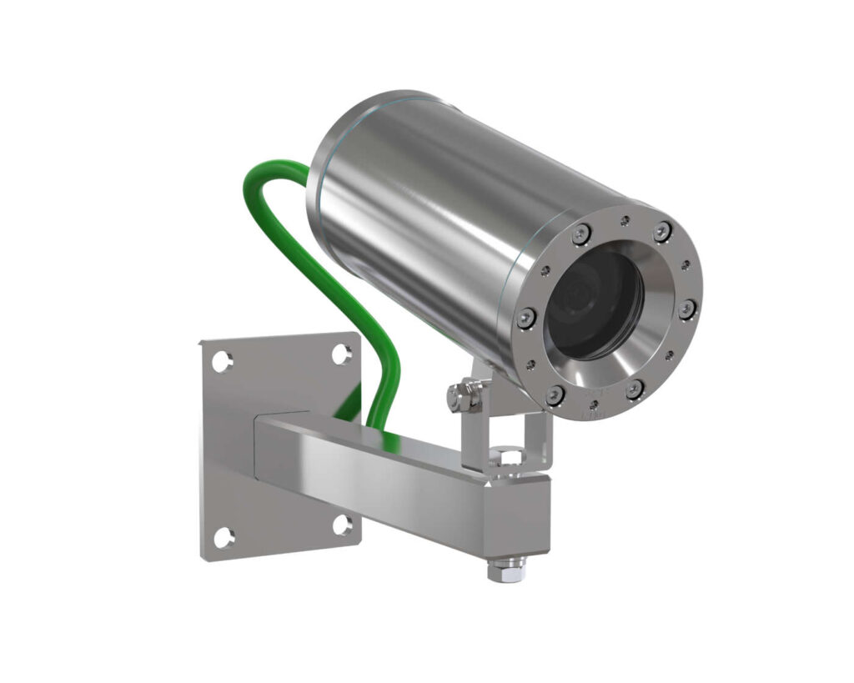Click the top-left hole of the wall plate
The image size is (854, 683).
tap(222, 362)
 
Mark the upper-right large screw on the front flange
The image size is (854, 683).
tap(661, 233)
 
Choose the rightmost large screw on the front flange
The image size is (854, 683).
tap(686, 309)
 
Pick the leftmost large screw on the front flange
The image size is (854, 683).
tap(526, 317)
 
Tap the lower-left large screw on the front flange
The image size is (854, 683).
tap(555, 394)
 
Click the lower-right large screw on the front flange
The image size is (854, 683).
tap(635, 389)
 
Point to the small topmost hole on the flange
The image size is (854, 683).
tap(624, 221)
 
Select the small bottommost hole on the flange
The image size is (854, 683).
tap(595, 406)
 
